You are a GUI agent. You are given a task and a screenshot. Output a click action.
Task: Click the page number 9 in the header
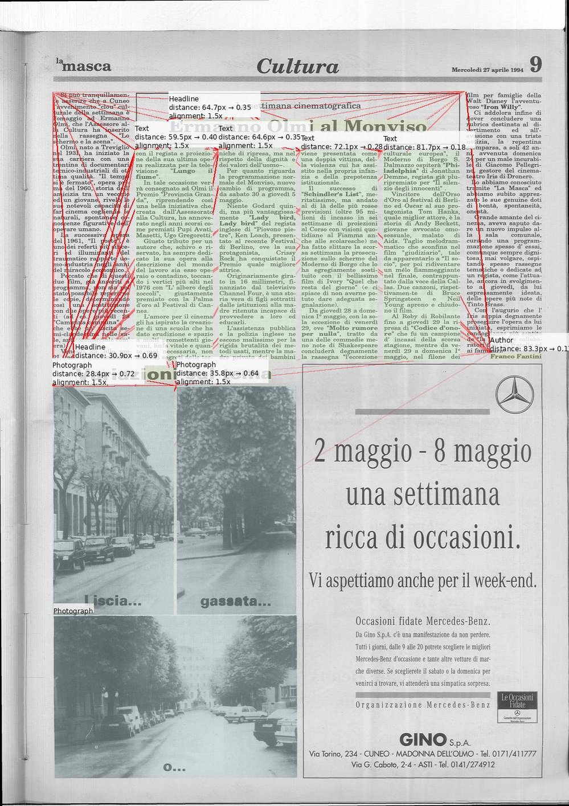pos(535,64)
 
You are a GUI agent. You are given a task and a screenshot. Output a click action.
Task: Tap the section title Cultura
pos(297,66)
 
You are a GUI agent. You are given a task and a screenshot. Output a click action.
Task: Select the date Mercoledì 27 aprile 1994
pos(487,69)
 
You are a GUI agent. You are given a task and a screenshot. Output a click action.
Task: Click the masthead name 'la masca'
pos(84,66)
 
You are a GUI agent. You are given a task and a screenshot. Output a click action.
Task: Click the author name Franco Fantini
pos(515,357)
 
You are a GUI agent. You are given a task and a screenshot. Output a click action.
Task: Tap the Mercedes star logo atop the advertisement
pos(515,394)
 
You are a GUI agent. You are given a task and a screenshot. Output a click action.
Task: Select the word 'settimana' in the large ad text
pos(422,494)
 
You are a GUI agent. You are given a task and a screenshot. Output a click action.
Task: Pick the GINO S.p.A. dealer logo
pos(435,740)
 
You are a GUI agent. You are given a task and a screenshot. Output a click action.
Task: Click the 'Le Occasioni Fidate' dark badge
pos(517,706)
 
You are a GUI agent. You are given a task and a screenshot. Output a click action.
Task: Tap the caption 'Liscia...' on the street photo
pos(113,600)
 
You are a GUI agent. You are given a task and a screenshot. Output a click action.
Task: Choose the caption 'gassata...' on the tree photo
pos(235,602)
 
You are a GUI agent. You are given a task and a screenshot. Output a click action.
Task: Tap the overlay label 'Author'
pos(501,340)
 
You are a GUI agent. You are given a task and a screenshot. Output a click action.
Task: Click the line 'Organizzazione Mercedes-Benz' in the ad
pos(423,705)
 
